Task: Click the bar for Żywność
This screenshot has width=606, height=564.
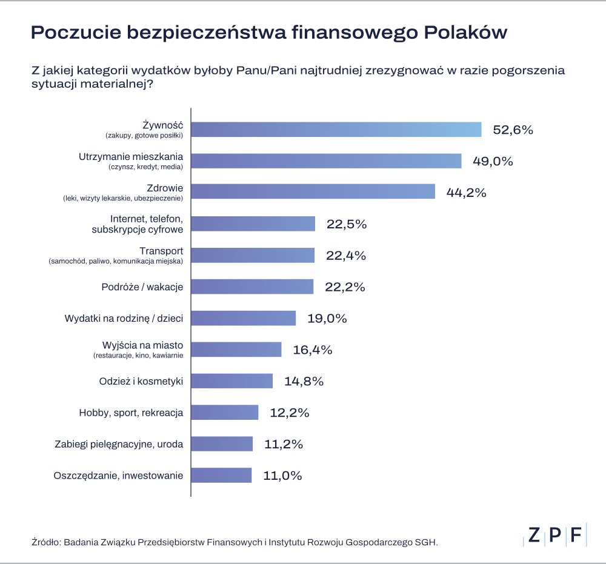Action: click(336, 130)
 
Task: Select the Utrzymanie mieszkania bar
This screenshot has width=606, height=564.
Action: click(327, 161)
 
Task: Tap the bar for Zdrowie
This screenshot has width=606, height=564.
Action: click(313, 192)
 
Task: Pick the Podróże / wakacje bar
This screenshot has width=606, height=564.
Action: click(253, 287)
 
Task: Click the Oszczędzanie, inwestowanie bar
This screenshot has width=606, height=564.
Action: click(222, 476)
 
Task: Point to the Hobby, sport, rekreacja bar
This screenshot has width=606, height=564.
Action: click(225, 413)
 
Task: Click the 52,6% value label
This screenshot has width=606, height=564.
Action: click(513, 130)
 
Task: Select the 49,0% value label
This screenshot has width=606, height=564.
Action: click(493, 161)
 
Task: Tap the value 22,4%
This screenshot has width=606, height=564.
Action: click(346, 256)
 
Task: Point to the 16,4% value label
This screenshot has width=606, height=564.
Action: click(313, 350)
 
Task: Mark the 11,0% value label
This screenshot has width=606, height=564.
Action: click(282, 476)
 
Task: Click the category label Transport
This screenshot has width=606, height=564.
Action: click(161, 251)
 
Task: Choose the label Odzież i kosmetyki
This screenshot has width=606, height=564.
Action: click(141, 381)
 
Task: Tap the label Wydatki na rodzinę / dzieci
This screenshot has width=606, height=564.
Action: click(124, 318)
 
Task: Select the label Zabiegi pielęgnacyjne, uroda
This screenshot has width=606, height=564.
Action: click(119, 444)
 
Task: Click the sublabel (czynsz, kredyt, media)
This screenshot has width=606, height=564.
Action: click(145, 167)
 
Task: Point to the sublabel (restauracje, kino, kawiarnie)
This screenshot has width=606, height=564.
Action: click(138, 355)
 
